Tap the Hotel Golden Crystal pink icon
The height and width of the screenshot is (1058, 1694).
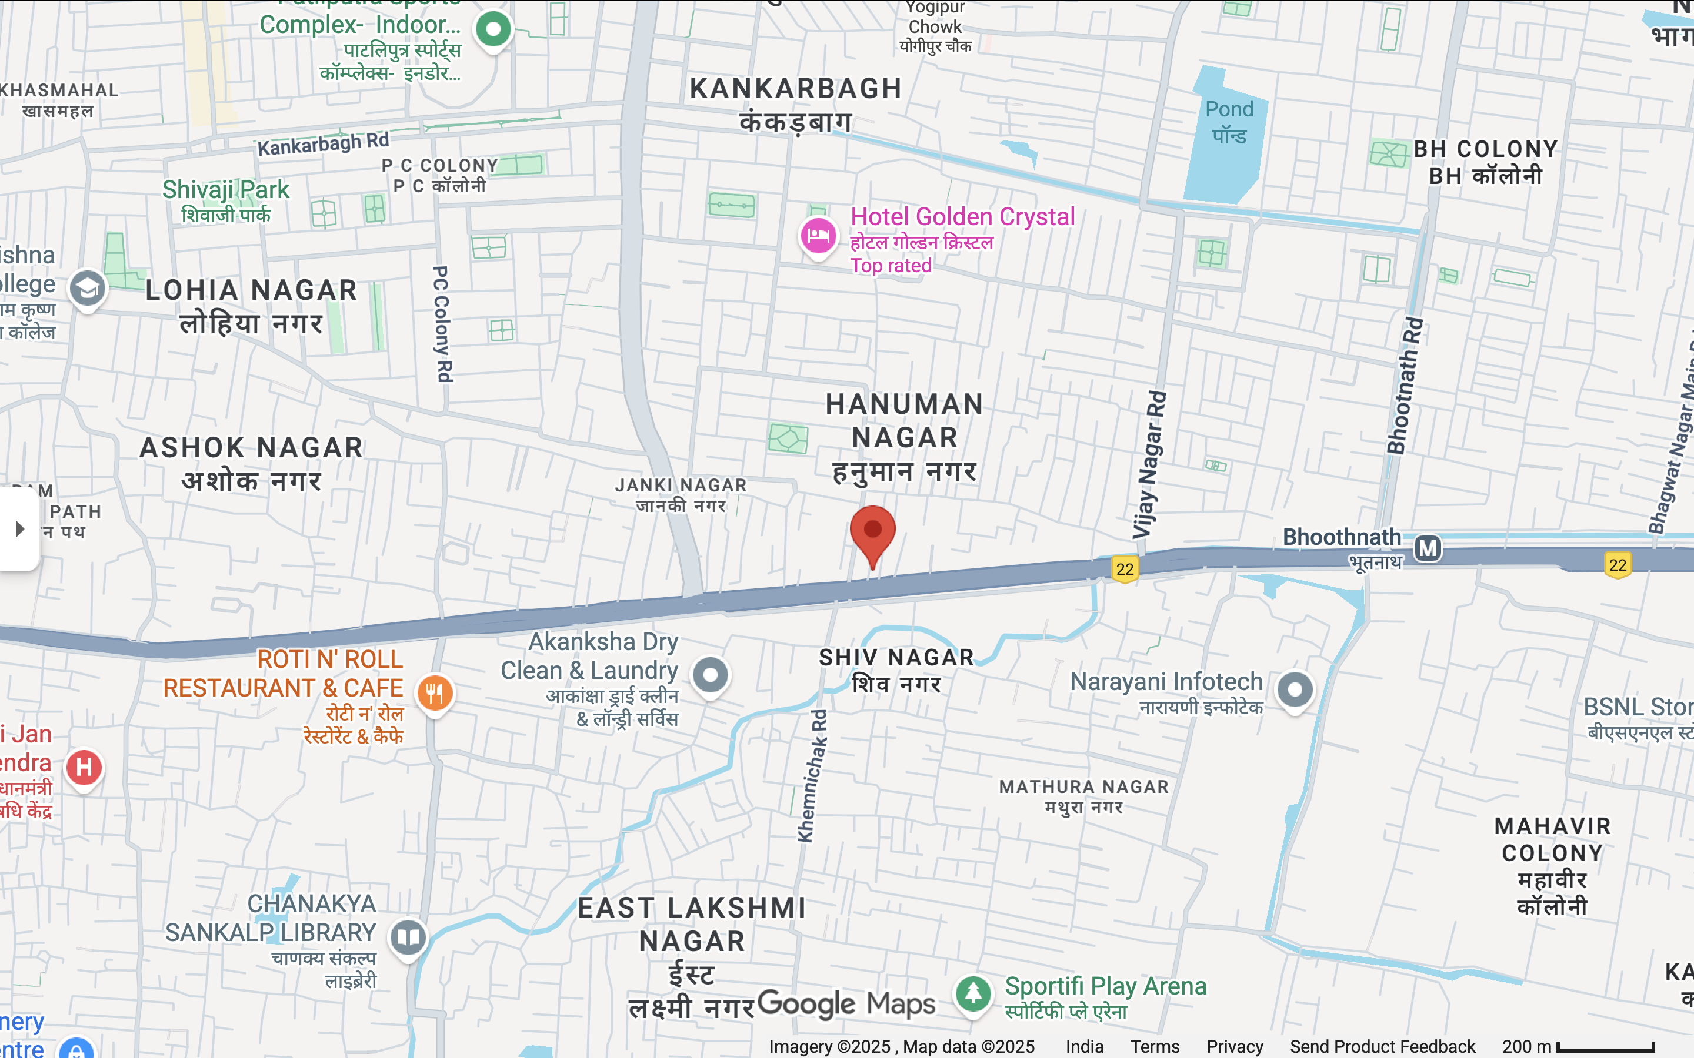[x=818, y=235]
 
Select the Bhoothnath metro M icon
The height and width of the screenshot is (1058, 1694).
[x=1428, y=548]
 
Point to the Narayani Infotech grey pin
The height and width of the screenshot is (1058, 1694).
[x=1295, y=689]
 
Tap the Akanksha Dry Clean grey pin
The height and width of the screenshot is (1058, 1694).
[x=711, y=675]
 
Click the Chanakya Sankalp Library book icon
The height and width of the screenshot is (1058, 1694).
[x=409, y=936]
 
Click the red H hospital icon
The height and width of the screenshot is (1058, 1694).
[x=84, y=768]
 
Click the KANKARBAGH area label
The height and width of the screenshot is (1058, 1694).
[x=796, y=89]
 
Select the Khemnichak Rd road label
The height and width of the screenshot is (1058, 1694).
[x=812, y=775]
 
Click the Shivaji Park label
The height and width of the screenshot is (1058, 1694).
[x=225, y=190]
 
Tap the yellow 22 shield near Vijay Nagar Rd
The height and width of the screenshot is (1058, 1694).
[x=1125, y=569]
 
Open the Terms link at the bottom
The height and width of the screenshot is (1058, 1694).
[x=1154, y=1047]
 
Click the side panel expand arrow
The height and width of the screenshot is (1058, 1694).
[x=19, y=529]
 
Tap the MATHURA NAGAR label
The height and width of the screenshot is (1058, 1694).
[x=1083, y=786]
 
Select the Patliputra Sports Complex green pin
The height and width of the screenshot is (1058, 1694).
[x=493, y=29]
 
